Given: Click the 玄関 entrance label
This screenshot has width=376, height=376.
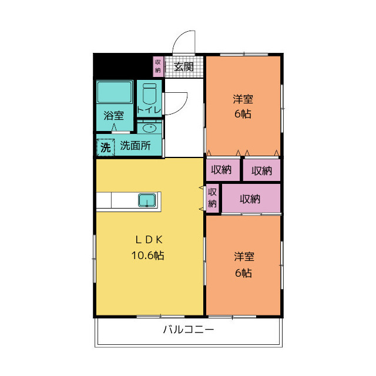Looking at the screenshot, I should pos(184,66).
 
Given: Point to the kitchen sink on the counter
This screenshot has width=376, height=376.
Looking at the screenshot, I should pos(146,200).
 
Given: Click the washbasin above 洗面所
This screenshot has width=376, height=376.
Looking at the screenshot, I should pos(150,127).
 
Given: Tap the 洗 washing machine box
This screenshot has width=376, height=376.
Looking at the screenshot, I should pos(105,147).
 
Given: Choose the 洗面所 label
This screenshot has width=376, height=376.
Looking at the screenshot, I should pos(135,146).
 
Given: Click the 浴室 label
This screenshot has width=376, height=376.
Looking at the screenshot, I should pos(114,115).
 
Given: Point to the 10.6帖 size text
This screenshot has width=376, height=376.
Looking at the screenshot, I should pos(147,256).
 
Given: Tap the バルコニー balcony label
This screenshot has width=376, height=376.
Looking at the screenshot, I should pos(188,330).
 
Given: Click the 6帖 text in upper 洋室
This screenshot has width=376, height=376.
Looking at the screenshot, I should pos(243,114).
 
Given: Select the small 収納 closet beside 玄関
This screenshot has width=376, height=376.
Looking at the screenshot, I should pos(158,66).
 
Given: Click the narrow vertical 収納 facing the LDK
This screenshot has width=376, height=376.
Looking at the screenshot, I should pos(213,198).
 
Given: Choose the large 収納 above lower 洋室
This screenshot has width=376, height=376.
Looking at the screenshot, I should pos(250,199).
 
